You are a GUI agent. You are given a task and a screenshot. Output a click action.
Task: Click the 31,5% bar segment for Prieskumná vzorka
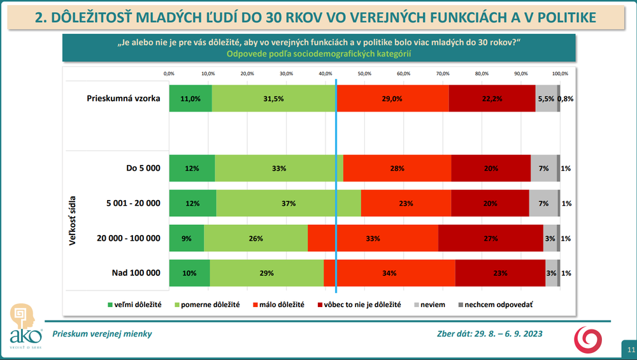pyautogui.click(x=274, y=99)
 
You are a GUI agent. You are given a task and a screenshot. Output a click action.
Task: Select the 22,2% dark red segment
pyautogui.click(x=492, y=99)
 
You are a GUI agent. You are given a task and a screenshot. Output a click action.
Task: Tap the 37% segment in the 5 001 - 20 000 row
pyautogui.click(x=289, y=203)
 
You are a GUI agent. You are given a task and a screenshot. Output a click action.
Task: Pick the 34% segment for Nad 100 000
pyautogui.click(x=389, y=273)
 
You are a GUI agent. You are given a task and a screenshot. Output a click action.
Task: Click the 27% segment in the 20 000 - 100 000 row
pyautogui.click(x=490, y=238)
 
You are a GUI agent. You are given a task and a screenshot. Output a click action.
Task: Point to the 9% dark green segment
pyautogui.click(x=187, y=238)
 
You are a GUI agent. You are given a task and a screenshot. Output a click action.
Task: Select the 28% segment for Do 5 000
pyautogui.click(x=397, y=168)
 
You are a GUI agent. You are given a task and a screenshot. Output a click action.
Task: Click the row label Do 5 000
pyautogui.click(x=143, y=168)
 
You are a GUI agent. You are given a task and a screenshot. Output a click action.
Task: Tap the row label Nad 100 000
pyautogui.click(x=136, y=273)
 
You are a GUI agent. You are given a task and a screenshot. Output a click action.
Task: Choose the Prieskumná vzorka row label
pyautogui.click(x=124, y=99)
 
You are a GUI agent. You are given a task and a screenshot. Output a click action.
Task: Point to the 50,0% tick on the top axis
pyautogui.click(x=364, y=73)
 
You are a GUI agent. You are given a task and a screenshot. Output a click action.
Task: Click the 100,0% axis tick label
pyautogui.click(x=560, y=73)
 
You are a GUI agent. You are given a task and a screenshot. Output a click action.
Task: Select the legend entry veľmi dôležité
pyautogui.click(x=137, y=305)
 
